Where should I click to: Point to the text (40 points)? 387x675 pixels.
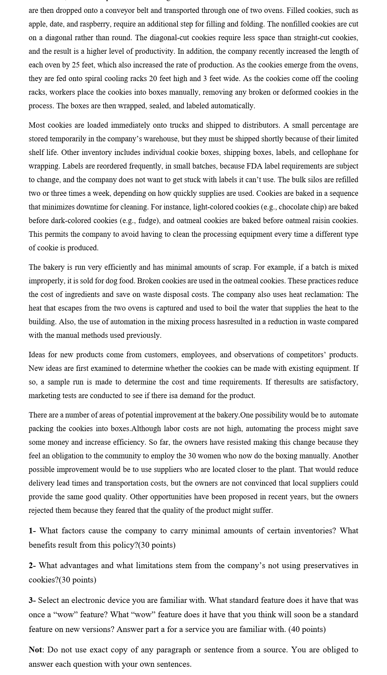[307, 629]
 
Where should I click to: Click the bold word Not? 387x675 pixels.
[36, 650]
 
